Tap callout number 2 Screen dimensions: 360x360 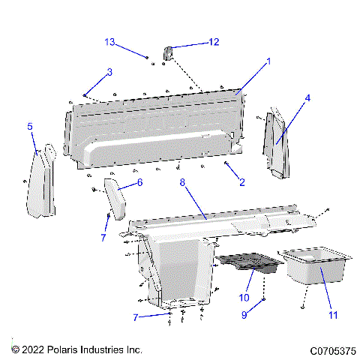(241, 181)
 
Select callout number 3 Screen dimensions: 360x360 (109, 72)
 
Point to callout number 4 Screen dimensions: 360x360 (307, 97)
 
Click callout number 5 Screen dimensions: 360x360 (30, 127)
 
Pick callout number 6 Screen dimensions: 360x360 (139, 182)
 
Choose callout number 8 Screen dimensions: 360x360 (181, 181)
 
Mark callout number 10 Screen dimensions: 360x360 (243, 298)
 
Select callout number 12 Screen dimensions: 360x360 (214, 42)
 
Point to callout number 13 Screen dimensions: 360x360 (110, 41)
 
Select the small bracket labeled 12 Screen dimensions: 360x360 (169, 53)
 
